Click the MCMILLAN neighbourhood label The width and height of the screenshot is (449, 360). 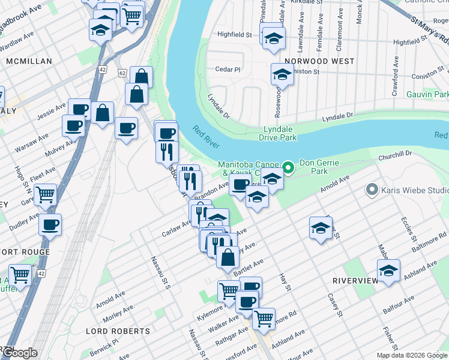coord(29,61)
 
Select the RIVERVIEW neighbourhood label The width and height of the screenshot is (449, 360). coord(354,280)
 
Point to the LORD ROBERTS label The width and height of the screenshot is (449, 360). coord(118,331)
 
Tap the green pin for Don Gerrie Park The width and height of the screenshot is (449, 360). coord(288,166)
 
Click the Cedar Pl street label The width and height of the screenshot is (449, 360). coord(228,69)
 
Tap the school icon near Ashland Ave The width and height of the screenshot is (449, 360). coord(388,271)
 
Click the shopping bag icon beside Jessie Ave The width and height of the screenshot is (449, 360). coord(103,112)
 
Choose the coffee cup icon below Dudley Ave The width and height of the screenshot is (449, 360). coord(50,224)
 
